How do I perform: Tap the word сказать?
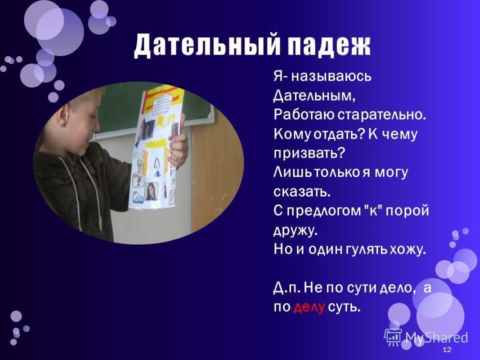301,191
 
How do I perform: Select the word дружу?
295,229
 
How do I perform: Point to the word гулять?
358,249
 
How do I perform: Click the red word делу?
310,306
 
